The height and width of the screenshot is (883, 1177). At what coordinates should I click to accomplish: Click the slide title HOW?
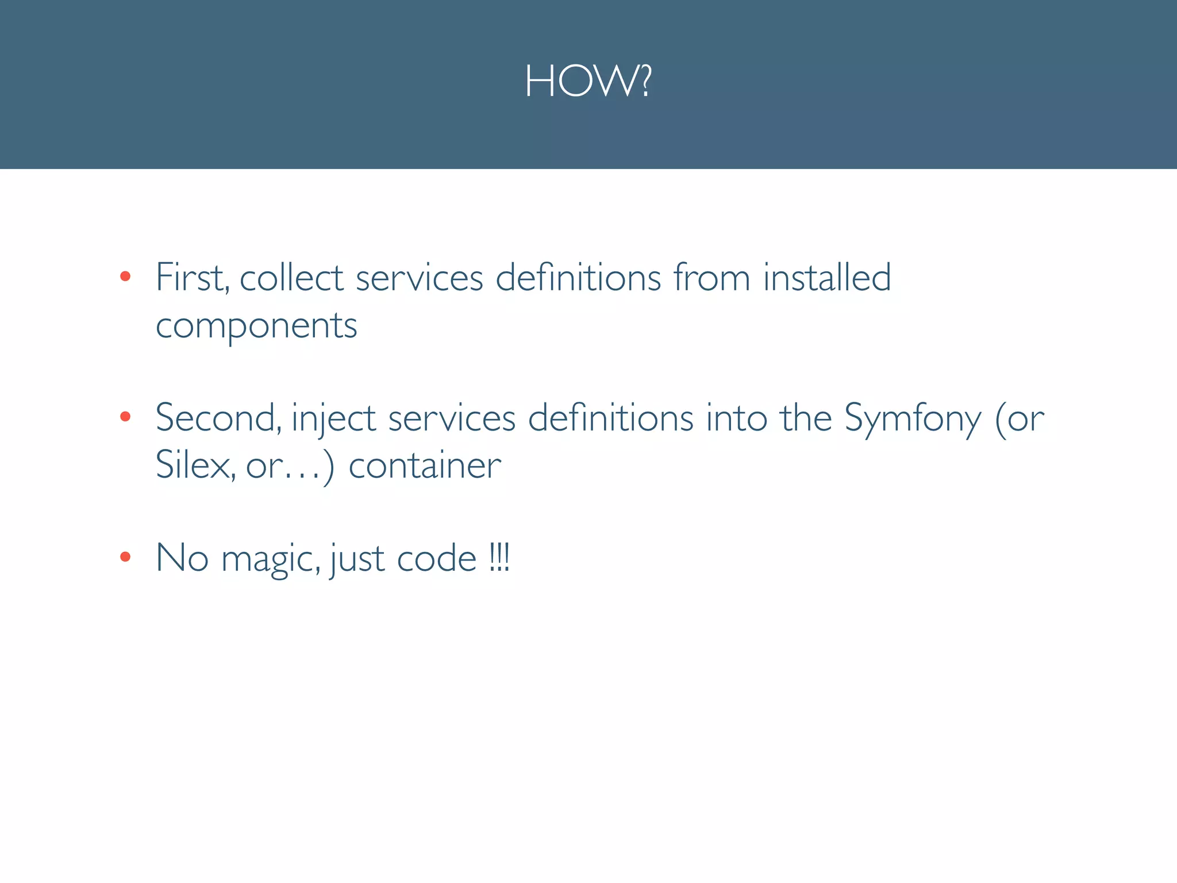588,82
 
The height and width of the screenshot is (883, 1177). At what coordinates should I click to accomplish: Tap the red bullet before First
125,277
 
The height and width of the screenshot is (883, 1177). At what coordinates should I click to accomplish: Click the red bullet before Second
125,417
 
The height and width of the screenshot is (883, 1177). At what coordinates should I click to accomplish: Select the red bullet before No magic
125,556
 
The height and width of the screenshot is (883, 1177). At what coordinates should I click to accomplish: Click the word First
192,278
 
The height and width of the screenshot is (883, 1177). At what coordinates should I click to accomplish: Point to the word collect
291,278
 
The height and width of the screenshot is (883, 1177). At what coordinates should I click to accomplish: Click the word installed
827,278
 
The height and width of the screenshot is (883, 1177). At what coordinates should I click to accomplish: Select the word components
256,327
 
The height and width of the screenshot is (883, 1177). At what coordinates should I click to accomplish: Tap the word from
711,278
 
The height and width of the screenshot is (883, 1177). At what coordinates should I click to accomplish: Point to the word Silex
195,465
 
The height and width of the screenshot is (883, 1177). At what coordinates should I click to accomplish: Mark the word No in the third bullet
182,558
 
